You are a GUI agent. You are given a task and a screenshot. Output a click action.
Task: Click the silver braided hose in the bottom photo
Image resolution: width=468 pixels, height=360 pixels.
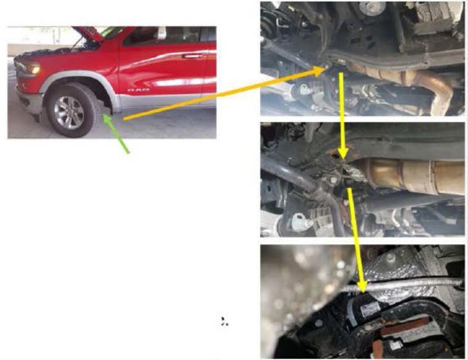click(x=407, y=284)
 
